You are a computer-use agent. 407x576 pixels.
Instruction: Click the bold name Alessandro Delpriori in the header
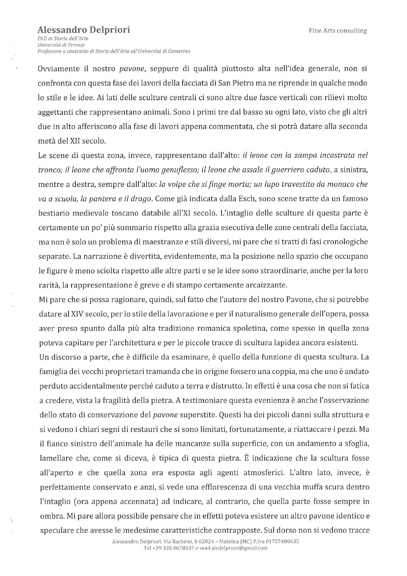[x=84, y=30]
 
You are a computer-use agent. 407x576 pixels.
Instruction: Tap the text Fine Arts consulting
[x=338, y=31]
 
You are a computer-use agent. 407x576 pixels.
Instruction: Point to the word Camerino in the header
[x=179, y=51]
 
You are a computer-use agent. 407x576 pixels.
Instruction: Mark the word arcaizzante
[x=267, y=285]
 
